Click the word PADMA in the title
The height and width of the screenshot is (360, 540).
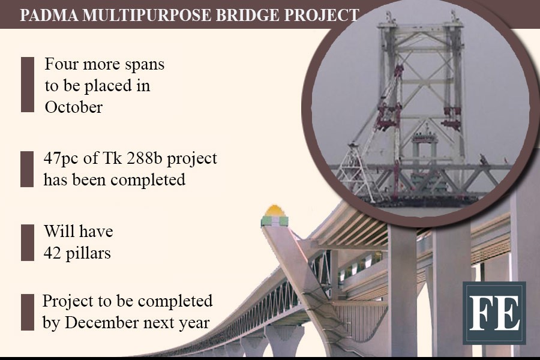(49, 15)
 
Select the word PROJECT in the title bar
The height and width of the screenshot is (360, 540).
(322, 15)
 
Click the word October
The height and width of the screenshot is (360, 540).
(74, 107)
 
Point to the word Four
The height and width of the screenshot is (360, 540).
(61, 64)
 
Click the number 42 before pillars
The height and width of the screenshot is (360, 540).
(52, 254)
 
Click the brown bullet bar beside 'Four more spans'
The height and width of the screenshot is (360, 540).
(28, 85)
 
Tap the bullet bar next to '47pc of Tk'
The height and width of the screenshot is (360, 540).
(27, 169)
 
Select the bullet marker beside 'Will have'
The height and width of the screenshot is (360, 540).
(28, 242)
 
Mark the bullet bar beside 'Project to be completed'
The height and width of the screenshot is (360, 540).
(28, 312)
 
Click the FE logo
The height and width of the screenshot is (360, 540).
(494, 313)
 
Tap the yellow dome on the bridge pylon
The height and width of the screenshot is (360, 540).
(274, 211)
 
